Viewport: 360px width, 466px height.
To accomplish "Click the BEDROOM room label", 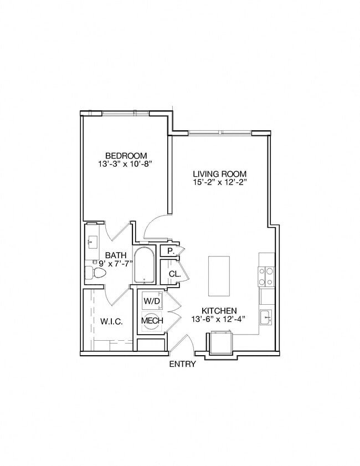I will point(126,155).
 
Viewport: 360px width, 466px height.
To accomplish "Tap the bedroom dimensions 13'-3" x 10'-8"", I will point(126,164).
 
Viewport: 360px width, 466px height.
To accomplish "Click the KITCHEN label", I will point(219,311).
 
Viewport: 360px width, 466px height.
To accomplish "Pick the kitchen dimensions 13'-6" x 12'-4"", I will point(219,319).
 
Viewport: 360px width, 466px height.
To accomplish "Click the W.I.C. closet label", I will point(111,321).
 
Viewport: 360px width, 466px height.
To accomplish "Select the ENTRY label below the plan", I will point(182,364).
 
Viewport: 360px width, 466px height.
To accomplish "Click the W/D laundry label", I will point(151,301).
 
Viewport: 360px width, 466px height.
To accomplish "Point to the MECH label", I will point(151,321).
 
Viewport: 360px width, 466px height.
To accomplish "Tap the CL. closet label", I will point(173,274).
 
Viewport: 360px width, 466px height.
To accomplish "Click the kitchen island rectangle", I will point(219,276).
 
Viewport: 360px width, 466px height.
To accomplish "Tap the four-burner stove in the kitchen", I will point(267,276).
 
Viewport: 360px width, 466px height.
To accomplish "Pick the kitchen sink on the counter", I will point(266,318).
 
